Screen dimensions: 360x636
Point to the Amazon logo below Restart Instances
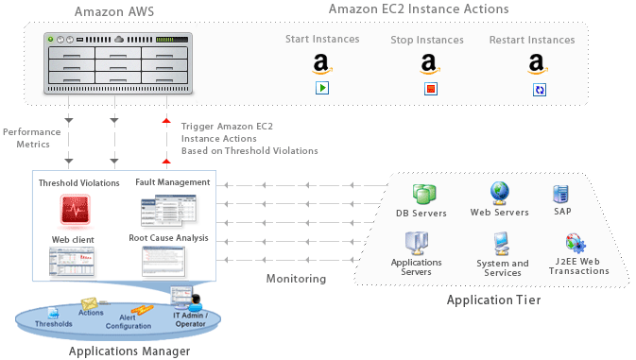point(539,64)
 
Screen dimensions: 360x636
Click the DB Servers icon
point(422,194)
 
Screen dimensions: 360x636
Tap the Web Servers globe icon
point(500,193)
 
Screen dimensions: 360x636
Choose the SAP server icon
point(560,194)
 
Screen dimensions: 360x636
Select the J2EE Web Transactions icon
point(576,245)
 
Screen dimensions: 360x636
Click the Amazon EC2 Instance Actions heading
point(419,9)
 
